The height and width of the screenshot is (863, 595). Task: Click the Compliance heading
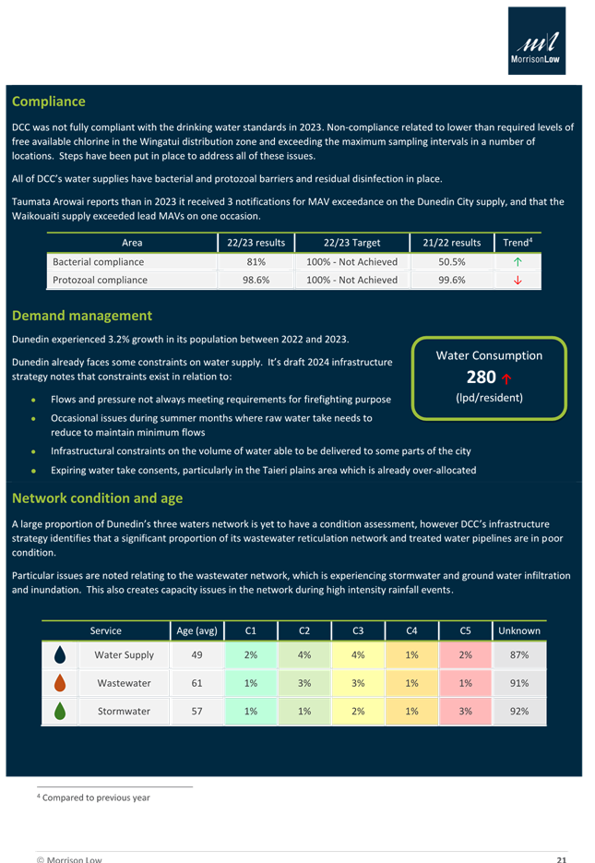pyautogui.click(x=48, y=102)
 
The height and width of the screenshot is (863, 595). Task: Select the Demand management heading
pyautogui.click(x=82, y=316)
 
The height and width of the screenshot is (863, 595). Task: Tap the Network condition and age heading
pyautogui.click(x=97, y=498)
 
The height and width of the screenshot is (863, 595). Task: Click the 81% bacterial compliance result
pyautogui.click(x=257, y=262)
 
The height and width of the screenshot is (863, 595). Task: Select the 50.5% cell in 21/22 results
pyautogui.click(x=452, y=262)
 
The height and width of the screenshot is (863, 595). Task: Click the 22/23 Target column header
pyautogui.click(x=351, y=243)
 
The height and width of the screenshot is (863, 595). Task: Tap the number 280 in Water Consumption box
pyautogui.click(x=481, y=377)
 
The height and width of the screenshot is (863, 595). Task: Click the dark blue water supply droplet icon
pyautogui.click(x=60, y=655)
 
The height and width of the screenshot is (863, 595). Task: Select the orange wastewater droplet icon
pyautogui.click(x=60, y=683)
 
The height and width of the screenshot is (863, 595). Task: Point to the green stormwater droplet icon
pyautogui.click(x=60, y=712)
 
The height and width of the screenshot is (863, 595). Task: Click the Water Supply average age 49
pyautogui.click(x=196, y=655)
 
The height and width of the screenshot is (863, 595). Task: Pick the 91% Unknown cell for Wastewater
pyautogui.click(x=518, y=683)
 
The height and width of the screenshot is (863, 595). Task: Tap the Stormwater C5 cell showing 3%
pyautogui.click(x=465, y=712)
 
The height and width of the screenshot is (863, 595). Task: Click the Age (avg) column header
pyautogui.click(x=196, y=631)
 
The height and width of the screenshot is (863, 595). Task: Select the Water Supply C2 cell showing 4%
pyautogui.click(x=304, y=655)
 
